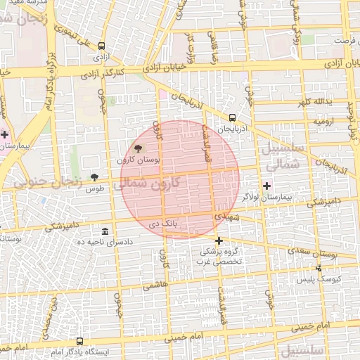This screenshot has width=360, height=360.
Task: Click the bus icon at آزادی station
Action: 102,45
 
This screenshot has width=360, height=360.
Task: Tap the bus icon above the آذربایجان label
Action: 232,118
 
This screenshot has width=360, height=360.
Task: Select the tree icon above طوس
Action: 95,176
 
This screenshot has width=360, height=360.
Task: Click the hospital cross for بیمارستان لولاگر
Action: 266,186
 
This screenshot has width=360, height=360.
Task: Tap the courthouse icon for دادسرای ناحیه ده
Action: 105,231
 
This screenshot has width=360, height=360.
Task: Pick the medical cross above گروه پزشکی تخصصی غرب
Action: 219,240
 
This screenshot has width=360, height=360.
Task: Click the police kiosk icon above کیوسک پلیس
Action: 319,268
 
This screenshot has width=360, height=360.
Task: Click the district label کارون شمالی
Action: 147,183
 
